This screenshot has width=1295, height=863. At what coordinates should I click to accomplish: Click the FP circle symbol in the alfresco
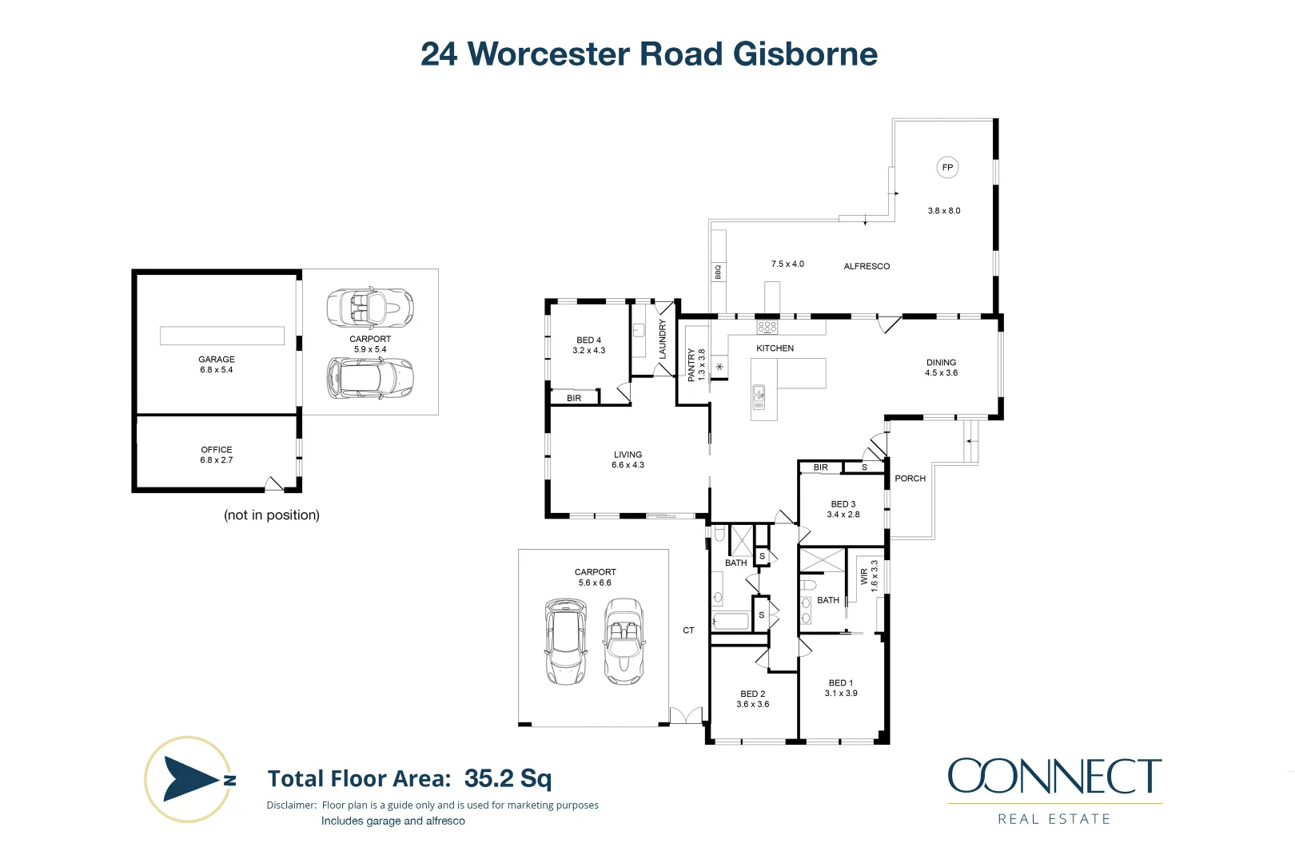pyautogui.click(x=947, y=167)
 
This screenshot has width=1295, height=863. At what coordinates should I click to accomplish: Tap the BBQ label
pyautogui.click(x=718, y=272)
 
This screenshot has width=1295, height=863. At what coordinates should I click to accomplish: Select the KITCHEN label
pyautogui.click(x=775, y=348)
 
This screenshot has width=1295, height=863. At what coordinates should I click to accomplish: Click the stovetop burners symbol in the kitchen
pyautogui.click(x=767, y=327)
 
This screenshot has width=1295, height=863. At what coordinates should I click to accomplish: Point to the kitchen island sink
pyautogui.click(x=759, y=392)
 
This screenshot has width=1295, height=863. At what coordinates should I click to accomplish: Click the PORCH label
pyautogui.click(x=910, y=479)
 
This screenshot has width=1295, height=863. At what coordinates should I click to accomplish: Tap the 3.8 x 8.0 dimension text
pyautogui.click(x=943, y=211)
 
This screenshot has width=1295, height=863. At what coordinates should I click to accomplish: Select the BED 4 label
pyautogui.click(x=588, y=340)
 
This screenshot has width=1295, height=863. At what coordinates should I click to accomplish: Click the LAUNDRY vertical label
pyautogui.click(x=662, y=339)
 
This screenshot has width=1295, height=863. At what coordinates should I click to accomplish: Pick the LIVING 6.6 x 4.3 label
pyautogui.click(x=628, y=459)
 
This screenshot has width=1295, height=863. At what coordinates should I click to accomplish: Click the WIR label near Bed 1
pyautogui.click(x=864, y=576)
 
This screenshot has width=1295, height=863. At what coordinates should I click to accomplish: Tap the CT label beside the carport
pyautogui.click(x=688, y=630)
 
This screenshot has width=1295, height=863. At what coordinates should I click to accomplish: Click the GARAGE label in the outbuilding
pyautogui.click(x=217, y=360)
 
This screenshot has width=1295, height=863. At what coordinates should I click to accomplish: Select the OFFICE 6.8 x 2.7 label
pyautogui.click(x=217, y=455)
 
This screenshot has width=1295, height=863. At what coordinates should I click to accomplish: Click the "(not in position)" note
pyautogui.click(x=272, y=515)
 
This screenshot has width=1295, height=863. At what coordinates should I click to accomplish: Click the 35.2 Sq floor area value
pyautogui.click(x=508, y=778)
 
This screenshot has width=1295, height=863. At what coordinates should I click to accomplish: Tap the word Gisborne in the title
pyautogui.click(x=805, y=54)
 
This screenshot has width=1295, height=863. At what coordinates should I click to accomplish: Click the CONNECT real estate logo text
pyautogui.click(x=1054, y=777)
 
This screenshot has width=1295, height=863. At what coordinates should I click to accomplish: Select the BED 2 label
pyautogui.click(x=752, y=694)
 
